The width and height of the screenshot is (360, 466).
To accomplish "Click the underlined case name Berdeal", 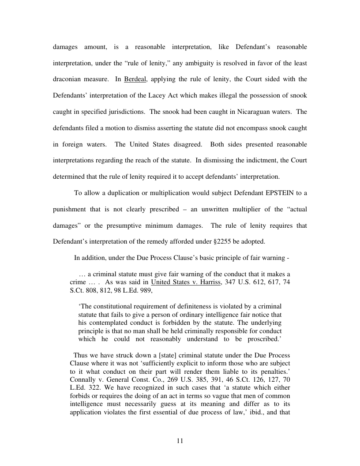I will [x=134, y=80].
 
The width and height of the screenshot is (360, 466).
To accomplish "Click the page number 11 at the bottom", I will [x=180, y=441].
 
